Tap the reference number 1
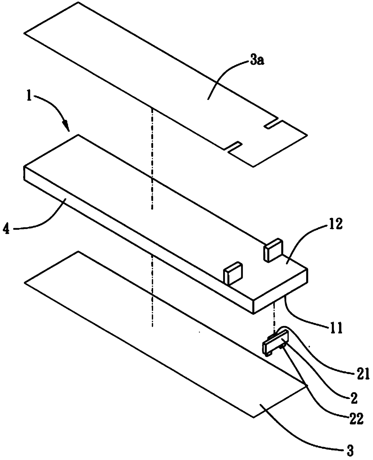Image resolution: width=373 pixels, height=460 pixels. click(x=29, y=98)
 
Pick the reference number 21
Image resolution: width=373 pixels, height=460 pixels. click(x=362, y=375)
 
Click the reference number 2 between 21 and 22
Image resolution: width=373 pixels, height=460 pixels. click(x=354, y=398)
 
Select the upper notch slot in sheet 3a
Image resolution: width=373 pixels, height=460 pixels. click(x=272, y=125)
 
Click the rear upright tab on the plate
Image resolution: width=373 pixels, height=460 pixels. click(x=273, y=249)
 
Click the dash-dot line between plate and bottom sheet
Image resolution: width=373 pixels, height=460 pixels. click(x=153, y=289)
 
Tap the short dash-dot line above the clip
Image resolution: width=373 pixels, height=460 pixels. click(x=274, y=316)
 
